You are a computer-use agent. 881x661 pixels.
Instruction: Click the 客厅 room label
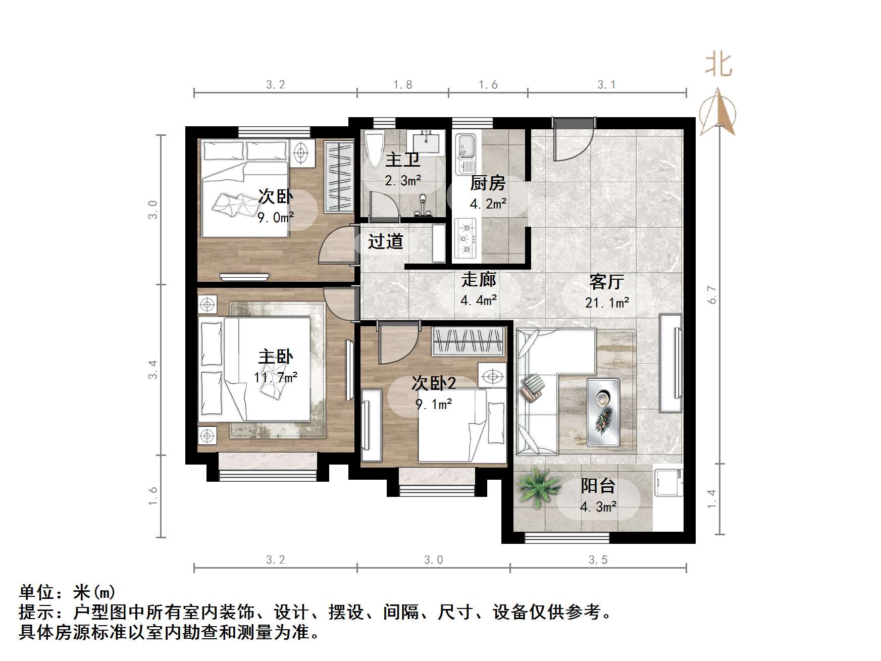tap(606, 282)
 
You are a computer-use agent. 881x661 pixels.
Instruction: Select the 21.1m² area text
tap(607, 302)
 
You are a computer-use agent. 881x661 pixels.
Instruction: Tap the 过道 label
tap(385, 242)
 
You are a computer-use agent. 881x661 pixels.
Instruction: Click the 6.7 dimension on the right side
tap(712, 295)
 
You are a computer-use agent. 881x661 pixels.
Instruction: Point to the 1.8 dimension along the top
tap(403, 85)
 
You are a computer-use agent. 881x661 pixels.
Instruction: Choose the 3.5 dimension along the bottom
tap(598, 560)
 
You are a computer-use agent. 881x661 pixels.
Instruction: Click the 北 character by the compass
tap(718, 66)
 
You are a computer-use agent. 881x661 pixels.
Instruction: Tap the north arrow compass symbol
tap(717, 113)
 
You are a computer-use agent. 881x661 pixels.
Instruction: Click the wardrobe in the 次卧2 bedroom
tap(469, 342)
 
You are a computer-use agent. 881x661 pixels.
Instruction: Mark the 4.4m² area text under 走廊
tap(479, 300)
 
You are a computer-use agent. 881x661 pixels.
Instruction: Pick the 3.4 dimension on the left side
tap(152, 370)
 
